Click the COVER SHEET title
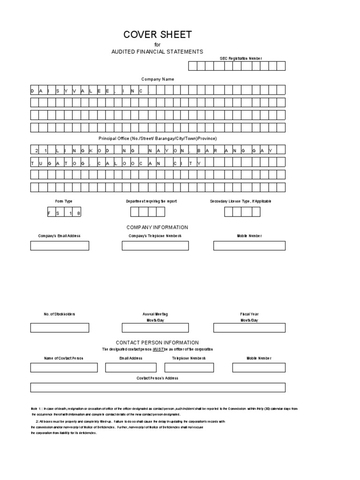coord(157,35)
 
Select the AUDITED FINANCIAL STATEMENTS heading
coord(157,52)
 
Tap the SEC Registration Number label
coord(241,59)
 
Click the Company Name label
coord(157,79)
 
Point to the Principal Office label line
coord(157,139)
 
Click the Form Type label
coord(64,201)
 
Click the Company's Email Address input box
coord(60,246)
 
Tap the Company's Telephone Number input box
coord(155,246)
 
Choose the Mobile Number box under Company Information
coord(249,246)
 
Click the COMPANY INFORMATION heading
coord(157,227)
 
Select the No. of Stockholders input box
coord(60,328)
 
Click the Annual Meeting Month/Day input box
coord(155,328)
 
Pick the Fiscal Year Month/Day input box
coord(249,328)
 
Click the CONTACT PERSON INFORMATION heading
coord(157,343)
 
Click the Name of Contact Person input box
coord(64,367)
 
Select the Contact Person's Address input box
coord(157,387)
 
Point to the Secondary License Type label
coord(240,201)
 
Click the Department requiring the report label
coord(151,201)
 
